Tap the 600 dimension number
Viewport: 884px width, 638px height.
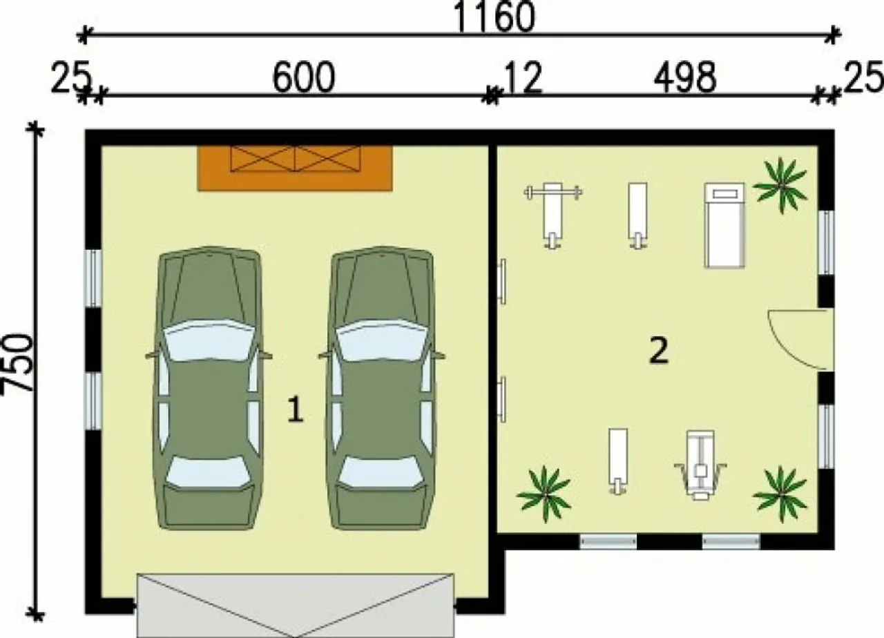[x=304, y=77]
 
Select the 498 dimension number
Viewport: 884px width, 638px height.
[x=685, y=77]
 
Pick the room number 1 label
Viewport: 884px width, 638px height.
[x=295, y=410]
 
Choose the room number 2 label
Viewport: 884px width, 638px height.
[x=659, y=350]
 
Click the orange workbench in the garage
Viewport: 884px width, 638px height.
[x=295, y=168]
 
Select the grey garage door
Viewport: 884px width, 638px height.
[x=295, y=606]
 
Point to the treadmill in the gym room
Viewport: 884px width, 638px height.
[x=725, y=225]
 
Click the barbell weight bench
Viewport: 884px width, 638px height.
[x=553, y=215]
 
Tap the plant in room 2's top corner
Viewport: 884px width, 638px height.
[x=780, y=186]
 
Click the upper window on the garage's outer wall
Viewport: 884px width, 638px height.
[x=93, y=278]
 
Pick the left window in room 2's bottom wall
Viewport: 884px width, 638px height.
[x=608, y=541]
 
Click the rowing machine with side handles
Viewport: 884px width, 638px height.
[x=700, y=465]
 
